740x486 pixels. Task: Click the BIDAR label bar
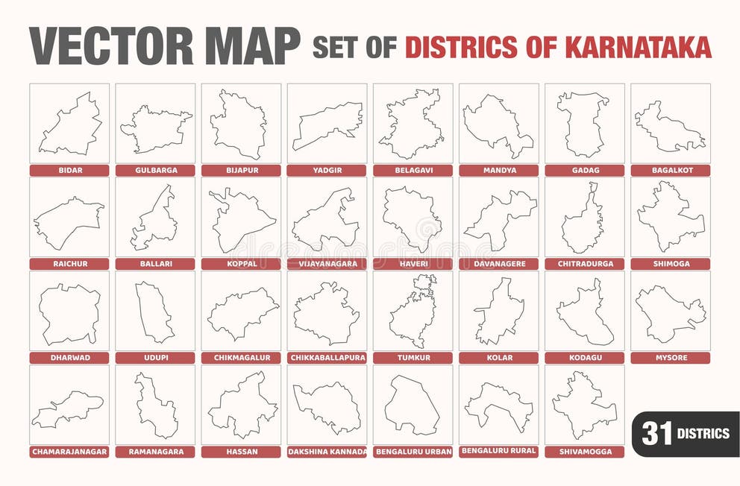(70, 170)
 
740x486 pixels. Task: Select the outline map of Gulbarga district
(155, 128)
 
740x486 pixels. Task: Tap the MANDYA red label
(498, 170)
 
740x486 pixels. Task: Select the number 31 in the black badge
(656, 433)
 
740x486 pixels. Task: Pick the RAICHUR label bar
(70, 264)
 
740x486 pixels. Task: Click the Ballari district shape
(155, 220)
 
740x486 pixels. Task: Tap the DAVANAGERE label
(498, 264)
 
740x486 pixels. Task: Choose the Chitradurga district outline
(583, 220)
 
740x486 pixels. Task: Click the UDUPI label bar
(155, 358)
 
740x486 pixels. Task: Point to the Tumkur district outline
(413, 313)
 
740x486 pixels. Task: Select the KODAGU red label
(583, 358)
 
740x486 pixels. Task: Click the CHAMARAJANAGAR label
(70, 452)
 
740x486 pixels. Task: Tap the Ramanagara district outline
(155, 406)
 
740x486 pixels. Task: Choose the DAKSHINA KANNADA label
(327, 452)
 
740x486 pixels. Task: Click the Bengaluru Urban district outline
(412, 406)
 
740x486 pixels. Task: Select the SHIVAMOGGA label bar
(583, 452)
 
